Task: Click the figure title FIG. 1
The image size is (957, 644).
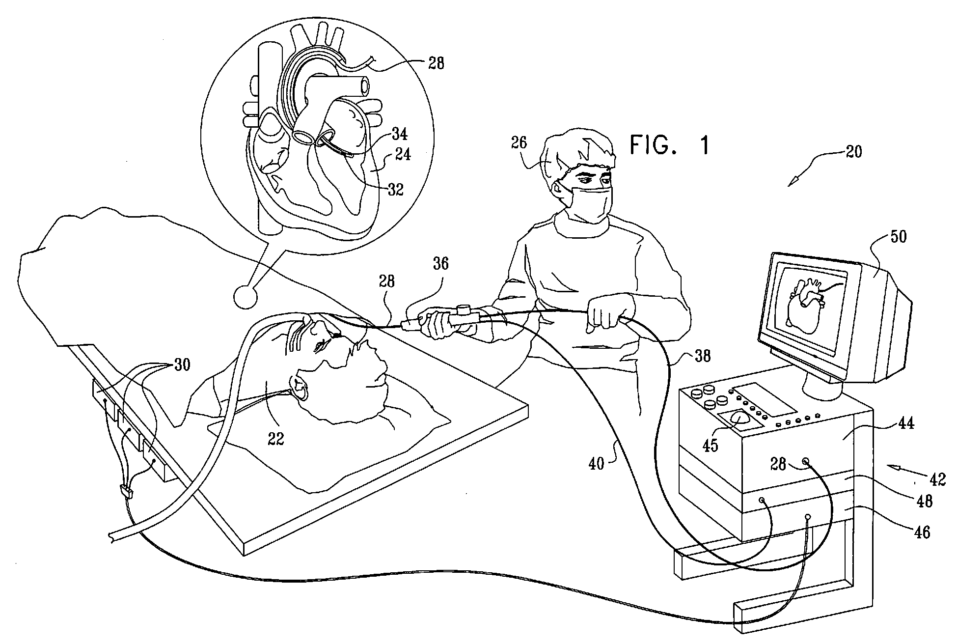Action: pyautogui.click(x=670, y=145)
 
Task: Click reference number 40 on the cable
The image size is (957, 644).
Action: pyautogui.click(x=596, y=462)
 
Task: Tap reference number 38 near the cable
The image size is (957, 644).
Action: pyautogui.click(x=702, y=356)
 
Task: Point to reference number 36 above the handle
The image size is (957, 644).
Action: pyautogui.click(x=440, y=264)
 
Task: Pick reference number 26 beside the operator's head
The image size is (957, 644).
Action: pyautogui.click(x=520, y=143)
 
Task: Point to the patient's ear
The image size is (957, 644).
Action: pyautogui.click(x=301, y=388)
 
